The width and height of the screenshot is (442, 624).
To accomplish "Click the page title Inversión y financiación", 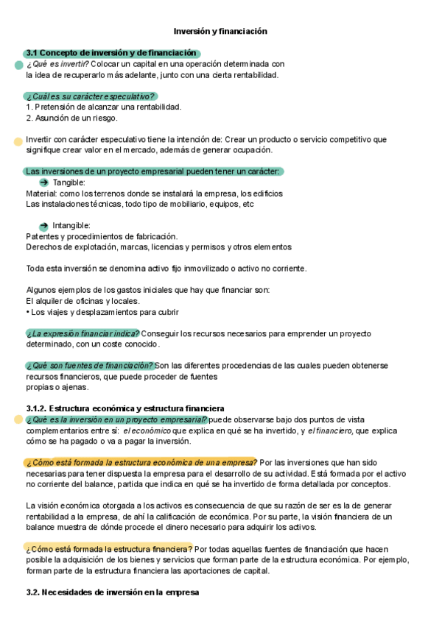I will (x=220, y=32).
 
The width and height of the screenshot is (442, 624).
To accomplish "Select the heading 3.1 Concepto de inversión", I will (x=110, y=53).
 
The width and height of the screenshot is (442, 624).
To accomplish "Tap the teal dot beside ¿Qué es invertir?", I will (x=18, y=65).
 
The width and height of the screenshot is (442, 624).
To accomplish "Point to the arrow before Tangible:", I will (x=43, y=182).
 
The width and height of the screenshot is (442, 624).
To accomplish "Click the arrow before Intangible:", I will (x=43, y=225).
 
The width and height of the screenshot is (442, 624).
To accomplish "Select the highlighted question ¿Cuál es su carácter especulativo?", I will (x=90, y=96).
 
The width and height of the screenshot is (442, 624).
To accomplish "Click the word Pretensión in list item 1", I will (x=54, y=107).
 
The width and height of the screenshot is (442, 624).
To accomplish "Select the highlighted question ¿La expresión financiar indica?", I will (x=83, y=333).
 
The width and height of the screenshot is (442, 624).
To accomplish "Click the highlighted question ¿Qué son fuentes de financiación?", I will (x=90, y=366).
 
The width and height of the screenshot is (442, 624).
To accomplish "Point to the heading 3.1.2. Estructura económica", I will (x=125, y=408).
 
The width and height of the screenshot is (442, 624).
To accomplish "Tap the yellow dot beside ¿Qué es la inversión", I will (x=18, y=419).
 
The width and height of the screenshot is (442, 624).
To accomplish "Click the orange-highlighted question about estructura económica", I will (x=140, y=462).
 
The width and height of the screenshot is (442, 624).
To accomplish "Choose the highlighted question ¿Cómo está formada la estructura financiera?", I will (x=109, y=548).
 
